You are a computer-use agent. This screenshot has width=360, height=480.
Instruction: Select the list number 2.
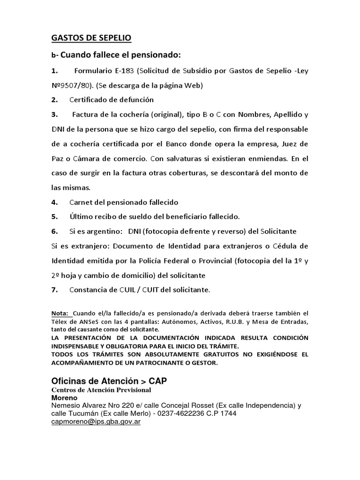tap(54, 100)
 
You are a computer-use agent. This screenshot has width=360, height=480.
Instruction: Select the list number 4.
tap(54, 202)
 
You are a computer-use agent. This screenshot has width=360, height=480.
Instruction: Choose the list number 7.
tap(54, 290)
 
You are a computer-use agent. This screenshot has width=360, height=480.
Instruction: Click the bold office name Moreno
tap(65, 397)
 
